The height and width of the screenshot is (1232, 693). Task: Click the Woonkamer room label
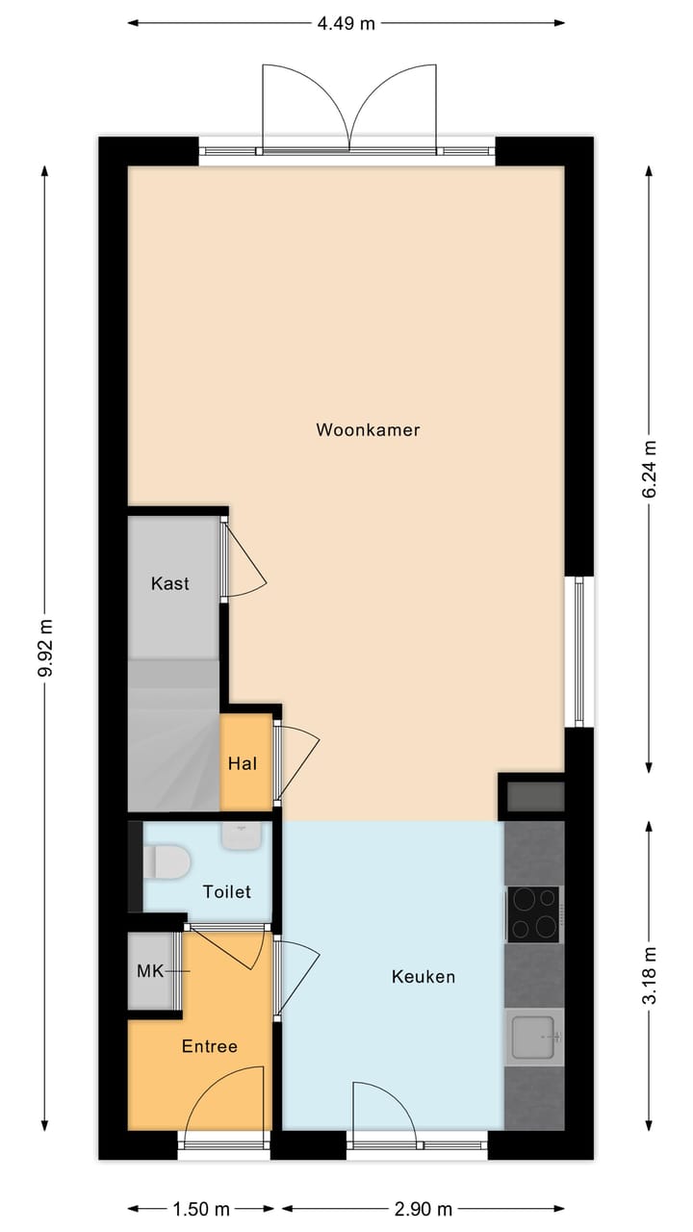tap(368, 430)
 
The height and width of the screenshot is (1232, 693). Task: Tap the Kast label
tap(170, 583)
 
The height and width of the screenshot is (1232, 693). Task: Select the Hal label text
tap(243, 763)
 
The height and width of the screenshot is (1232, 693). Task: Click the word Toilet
tap(226, 891)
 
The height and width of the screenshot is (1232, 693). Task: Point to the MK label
tap(149, 971)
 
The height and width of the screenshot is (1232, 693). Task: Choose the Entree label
tap(209, 1046)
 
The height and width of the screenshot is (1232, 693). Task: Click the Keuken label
tap(423, 976)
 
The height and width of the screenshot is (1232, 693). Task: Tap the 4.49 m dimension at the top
tap(346, 24)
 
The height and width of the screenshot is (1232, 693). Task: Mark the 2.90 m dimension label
tap(423, 1208)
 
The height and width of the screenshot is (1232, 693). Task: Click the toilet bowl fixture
tap(166, 861)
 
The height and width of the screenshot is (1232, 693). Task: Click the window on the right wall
tap(578, 652)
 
